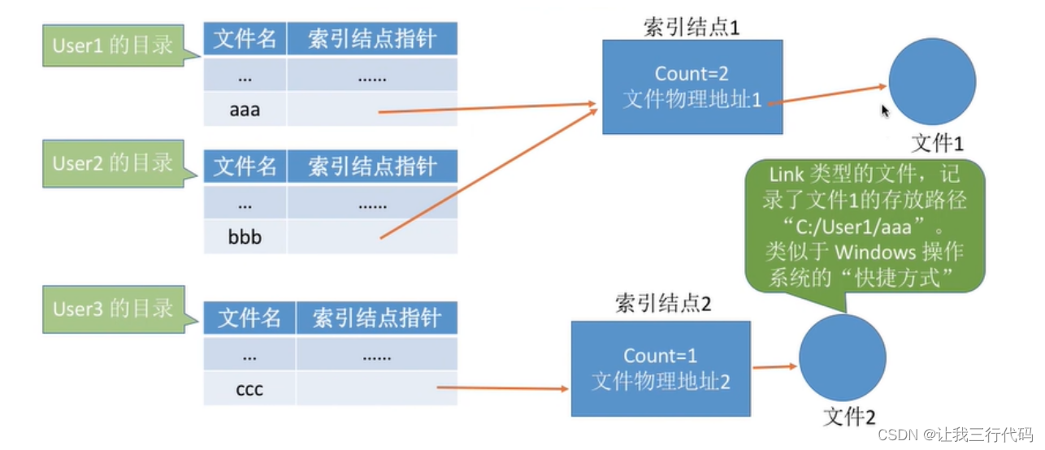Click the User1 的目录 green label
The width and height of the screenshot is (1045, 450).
(113, 45)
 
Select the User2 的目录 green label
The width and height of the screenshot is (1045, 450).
(113, 163)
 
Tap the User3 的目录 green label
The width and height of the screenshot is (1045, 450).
(113, 309)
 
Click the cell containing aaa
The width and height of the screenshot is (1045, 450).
(245, 109)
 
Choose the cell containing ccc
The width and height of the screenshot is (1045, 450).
(249, 389)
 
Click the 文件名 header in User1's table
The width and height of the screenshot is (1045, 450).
(245, 39)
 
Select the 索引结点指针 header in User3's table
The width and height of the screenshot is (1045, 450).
(376, 318)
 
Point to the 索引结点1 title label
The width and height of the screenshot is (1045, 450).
(692, 26)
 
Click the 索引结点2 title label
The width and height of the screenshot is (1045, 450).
(664, 305)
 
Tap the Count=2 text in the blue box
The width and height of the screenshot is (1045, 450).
(692, 74)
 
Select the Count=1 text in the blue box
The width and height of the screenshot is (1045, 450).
(660, 356)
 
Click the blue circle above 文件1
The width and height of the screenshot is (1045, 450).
(932, 81)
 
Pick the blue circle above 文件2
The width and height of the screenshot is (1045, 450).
(842, 359)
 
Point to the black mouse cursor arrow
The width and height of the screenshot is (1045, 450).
(885, 111)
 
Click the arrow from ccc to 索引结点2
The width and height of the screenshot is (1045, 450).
(501, 388)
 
